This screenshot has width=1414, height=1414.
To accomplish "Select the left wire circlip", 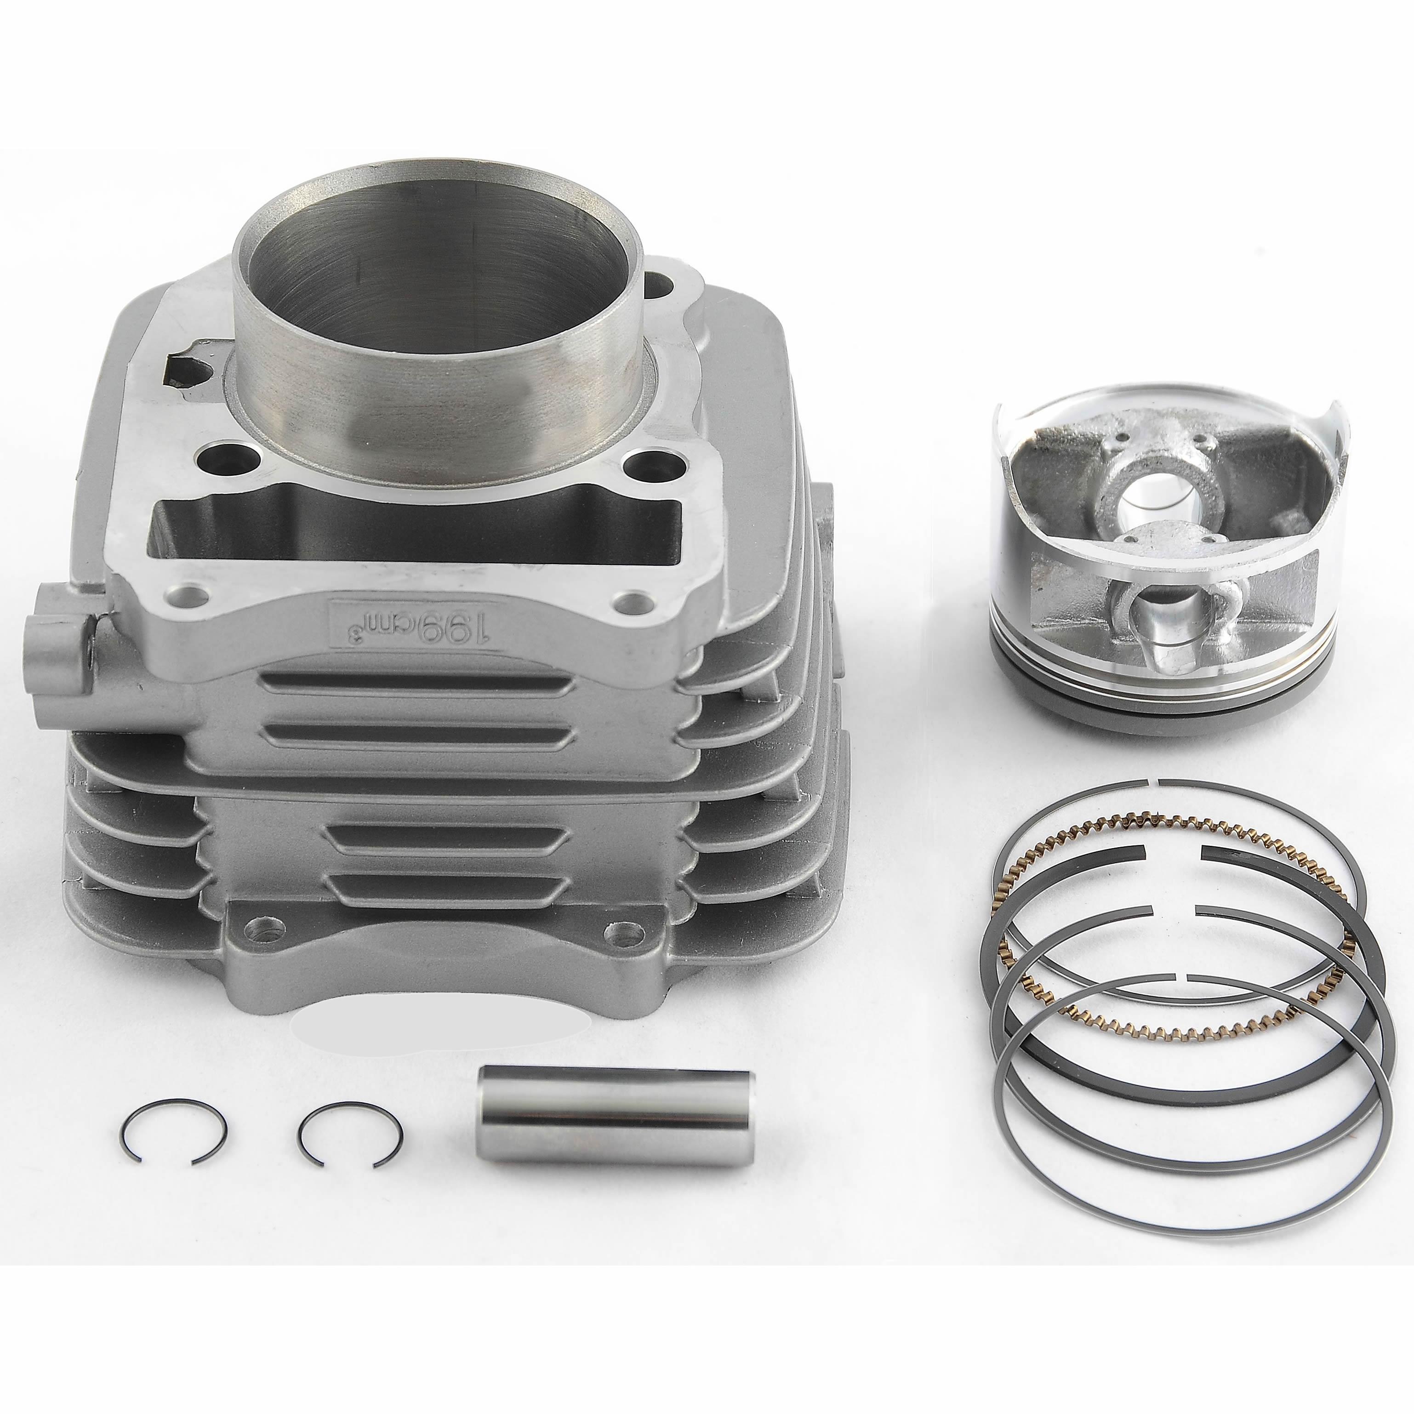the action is [x=173, y=1133].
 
